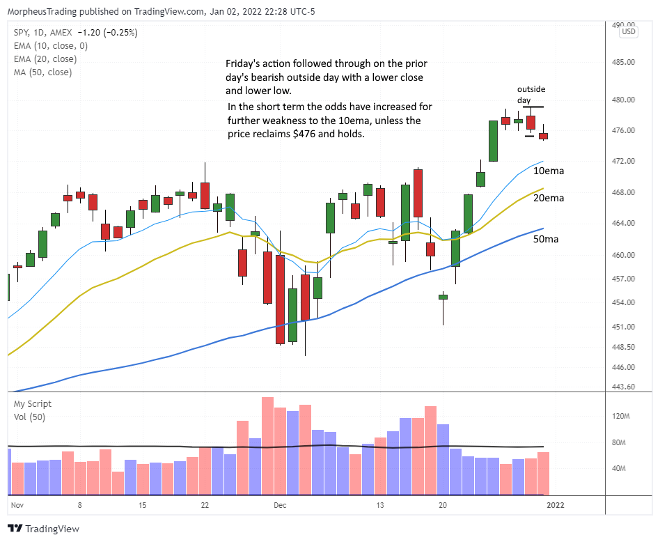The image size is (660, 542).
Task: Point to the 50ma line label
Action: tap(545, 239)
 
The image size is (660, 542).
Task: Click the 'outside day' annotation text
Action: tap(530, 95)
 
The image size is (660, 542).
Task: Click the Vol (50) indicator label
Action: tap(29, 417)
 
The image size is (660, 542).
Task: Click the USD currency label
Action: tap(628, 32)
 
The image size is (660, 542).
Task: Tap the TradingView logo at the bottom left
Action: tap(43, 529)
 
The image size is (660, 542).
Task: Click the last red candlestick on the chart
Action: tap(543, 136)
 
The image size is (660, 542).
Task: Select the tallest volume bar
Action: tap(267, 446)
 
